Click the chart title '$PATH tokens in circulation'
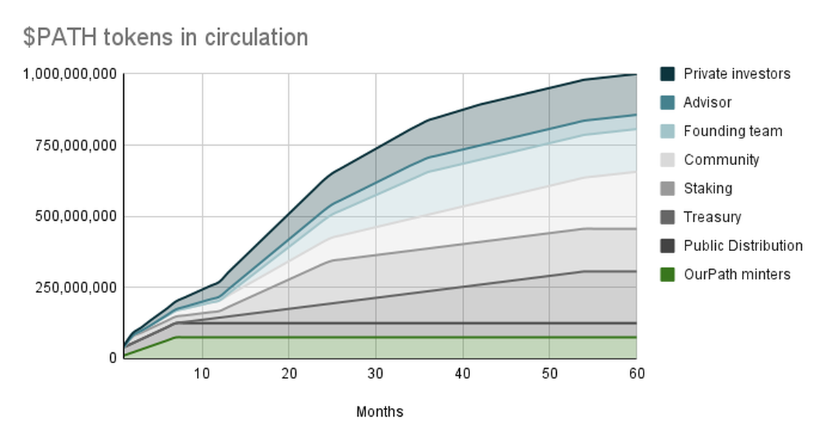click(x=165, y=37)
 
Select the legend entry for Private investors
click(x=737, y=74)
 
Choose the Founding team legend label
click(x=732, y=131)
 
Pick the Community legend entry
click(x=721, y=160)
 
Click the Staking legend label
click(x=708, y=188)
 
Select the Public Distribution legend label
click(x=743, y=246)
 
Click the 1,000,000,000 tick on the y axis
click(x=70, y=74)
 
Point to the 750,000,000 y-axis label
click(x=75, y=145)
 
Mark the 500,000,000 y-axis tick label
click(x=75, y=217)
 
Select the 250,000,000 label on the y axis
click(x=75, y=288)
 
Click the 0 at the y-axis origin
click(x=112, y=358)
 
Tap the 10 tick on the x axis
click(x=202, y=374)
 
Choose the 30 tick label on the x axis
click(x=376, y=374)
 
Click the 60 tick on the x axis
click(x=635, y=374)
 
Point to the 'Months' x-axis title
click(x=379, y=412)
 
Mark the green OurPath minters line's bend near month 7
click(x=176, y=337)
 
